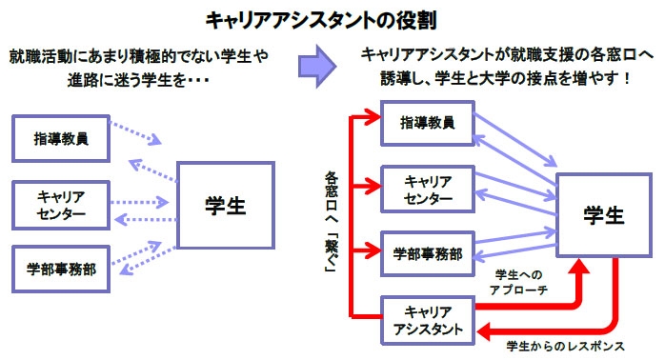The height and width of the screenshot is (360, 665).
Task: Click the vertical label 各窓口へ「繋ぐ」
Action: point(331,223)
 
